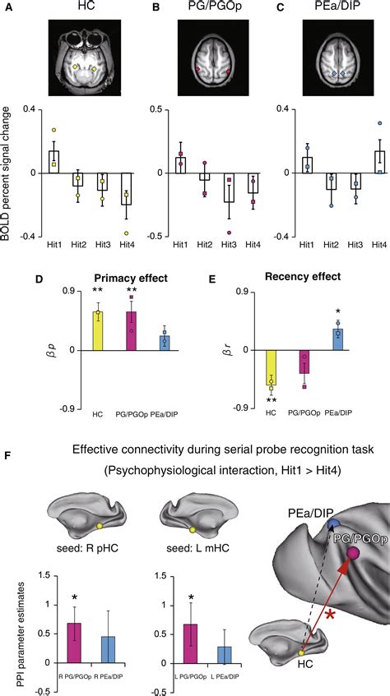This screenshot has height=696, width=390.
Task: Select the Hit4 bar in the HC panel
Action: pyautogui.click(x=126, y=195)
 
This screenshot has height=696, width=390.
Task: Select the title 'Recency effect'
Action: pyautogui.click(x=304, y=278)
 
